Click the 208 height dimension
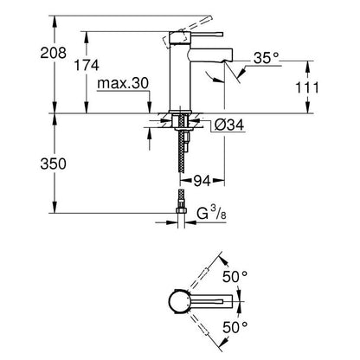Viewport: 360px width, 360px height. coord(53,53)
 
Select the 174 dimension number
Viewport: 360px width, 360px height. coord(87,66)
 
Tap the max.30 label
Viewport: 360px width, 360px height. coord(123,84)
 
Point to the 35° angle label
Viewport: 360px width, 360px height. coord(267,59)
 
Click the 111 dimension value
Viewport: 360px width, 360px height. coord(307,87)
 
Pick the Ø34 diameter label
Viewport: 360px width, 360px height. coord(229,125)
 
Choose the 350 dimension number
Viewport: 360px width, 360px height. coord(53,164)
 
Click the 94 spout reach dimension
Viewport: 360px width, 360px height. coord(202,181)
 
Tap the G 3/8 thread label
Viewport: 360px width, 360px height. coord(211,213)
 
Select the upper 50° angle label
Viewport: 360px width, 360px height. coord(235,277)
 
